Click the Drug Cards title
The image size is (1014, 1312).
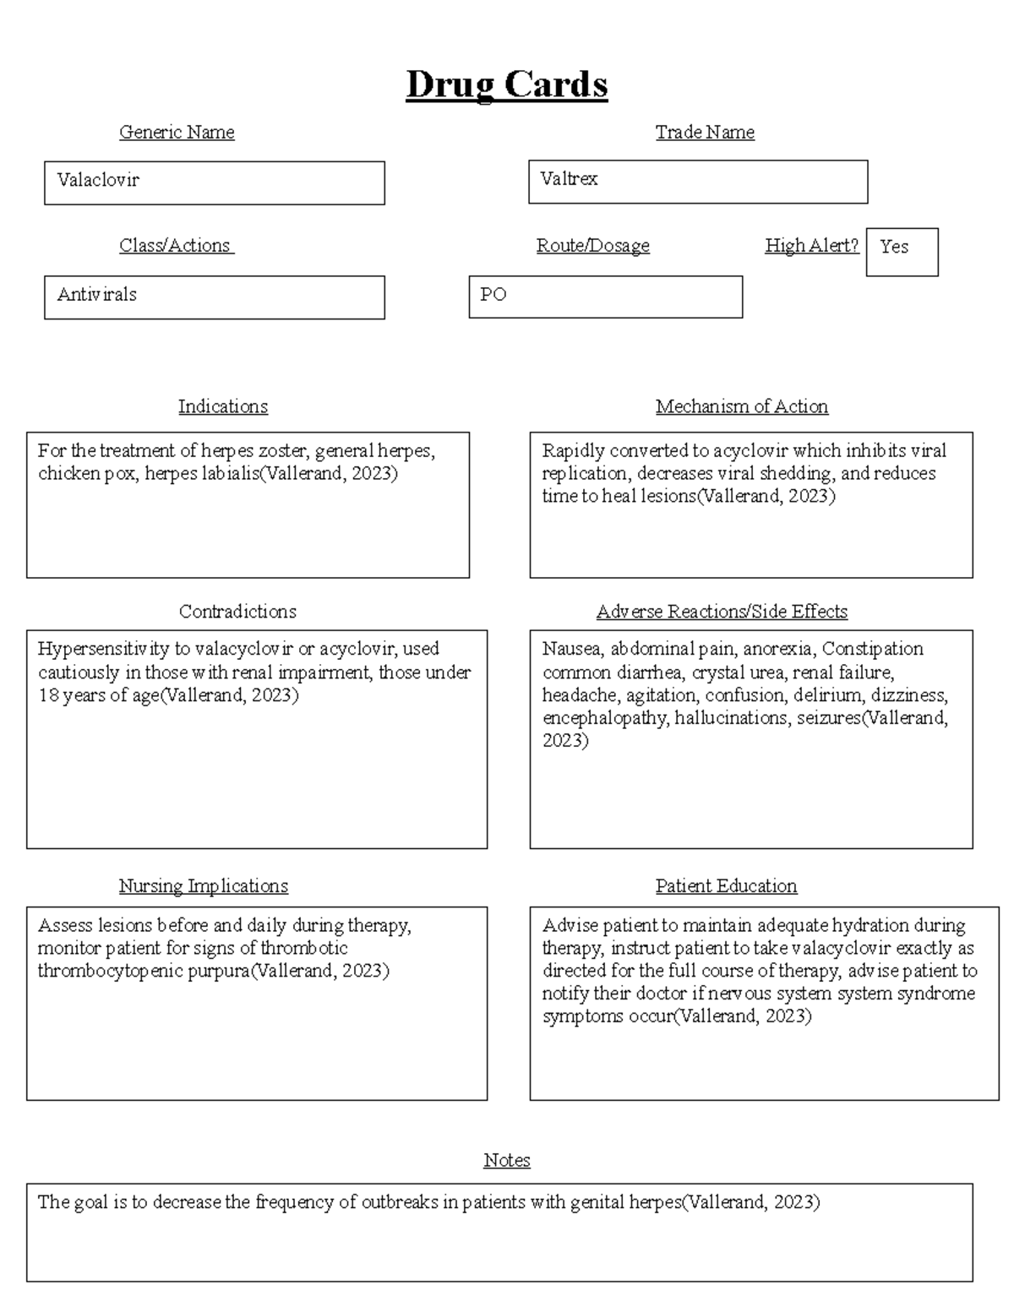(506, 85)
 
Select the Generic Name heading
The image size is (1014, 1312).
(177, 132)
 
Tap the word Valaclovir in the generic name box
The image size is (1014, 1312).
(98, 180)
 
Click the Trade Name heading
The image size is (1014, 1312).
(705, 132)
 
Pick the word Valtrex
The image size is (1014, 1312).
(569, 178)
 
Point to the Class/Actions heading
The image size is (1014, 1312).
(176, 246)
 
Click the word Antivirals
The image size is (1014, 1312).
(96, 295)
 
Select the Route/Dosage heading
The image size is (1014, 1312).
(592, 246)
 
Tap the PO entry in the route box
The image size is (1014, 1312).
(493, 295)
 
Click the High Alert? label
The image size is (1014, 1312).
(811, 246)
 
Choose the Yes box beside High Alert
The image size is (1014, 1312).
(902, 251)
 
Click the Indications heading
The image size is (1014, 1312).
(223, 406)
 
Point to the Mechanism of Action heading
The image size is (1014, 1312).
(741, 406)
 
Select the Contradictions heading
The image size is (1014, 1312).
(237, 612)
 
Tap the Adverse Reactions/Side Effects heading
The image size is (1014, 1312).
(722, 612)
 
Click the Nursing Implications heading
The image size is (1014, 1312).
(203, 886)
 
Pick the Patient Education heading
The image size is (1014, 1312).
(726, 886)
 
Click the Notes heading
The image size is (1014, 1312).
(506, 1160)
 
